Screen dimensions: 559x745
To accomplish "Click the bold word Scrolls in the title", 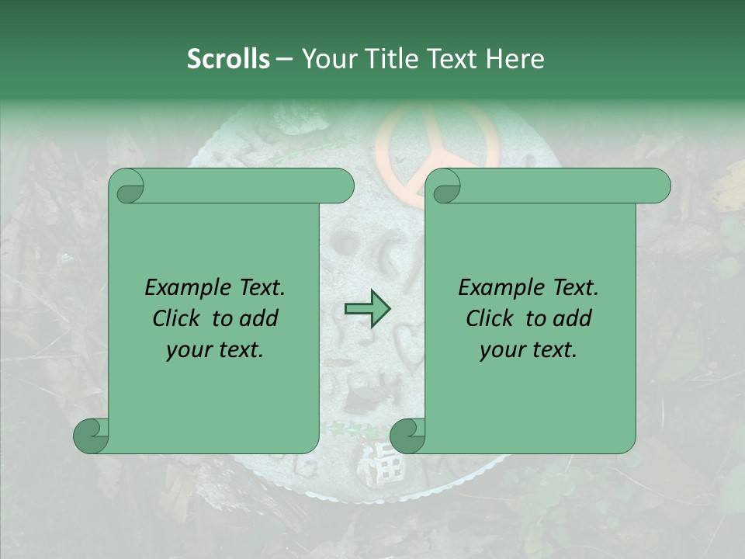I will point(228,59).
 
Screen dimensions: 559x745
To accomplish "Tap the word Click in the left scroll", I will point(178,318).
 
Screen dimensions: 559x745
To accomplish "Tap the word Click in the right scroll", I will point(492,318).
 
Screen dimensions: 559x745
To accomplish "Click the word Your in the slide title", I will point(327,59).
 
